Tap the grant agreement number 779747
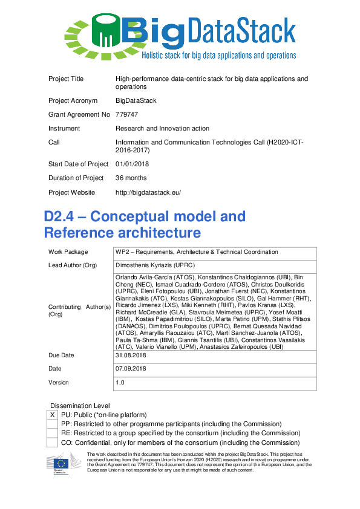click(127, 114)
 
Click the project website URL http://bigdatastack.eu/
click(148, 192)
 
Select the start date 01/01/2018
click(133, 164)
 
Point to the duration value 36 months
click(131, 178)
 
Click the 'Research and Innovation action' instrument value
click(162, 128)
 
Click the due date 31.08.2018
click(131, 355)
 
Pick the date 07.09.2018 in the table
click(131, 368)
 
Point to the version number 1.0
click(120, 382)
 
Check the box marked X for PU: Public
click(53, 415)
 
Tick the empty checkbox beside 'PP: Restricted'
click(53, 424)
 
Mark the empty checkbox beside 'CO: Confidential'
click(53, 443)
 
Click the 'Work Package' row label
click(68, 252)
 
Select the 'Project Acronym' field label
click(73, 100)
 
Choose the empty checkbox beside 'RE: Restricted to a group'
click(53, 433)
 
